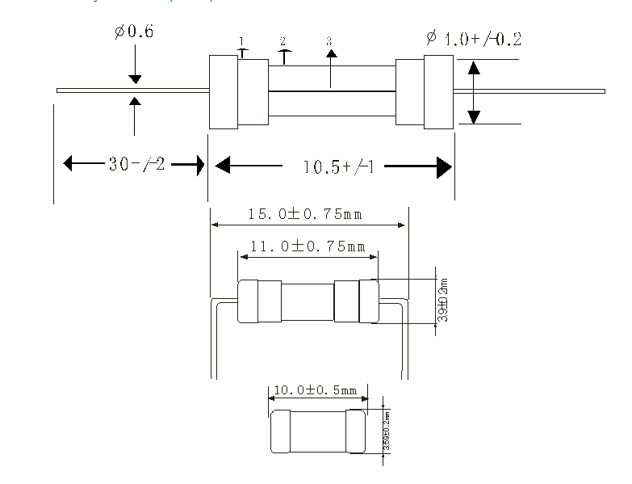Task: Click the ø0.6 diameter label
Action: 134,33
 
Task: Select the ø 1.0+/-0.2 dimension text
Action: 471,38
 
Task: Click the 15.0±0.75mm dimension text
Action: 305,215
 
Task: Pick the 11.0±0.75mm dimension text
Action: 307,246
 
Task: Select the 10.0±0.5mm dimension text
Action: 316,389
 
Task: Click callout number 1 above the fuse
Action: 241,41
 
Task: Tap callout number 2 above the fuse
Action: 283,41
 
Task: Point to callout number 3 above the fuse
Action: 329,40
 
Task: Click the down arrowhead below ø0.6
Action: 134,78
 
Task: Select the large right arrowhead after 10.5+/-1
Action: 442,167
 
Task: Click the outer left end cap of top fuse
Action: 223,91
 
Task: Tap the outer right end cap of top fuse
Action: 438,91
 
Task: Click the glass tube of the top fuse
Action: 331,91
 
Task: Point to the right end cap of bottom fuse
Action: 357,432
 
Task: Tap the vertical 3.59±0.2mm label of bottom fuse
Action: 387,432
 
